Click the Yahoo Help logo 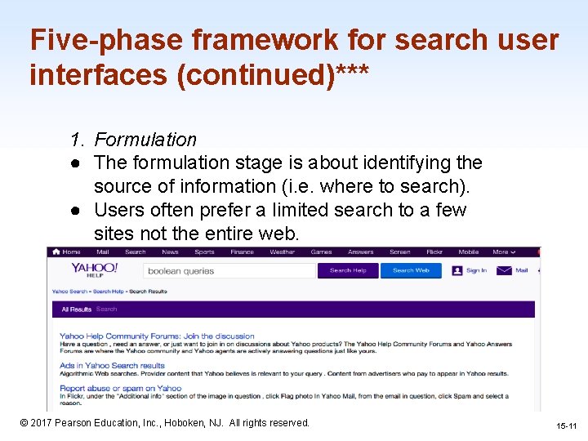click(x=95, y=270)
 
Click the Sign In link click(x=476, y=270)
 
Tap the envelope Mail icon click(x=504, y=270)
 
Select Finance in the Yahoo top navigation click(x=242, y=252)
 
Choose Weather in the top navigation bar click(x=283, y=252)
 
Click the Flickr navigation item click(x=434, y=252)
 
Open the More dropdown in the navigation click(x=502, y=252)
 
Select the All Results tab click(x=76, y=310)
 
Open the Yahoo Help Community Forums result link click(x=157, y=336)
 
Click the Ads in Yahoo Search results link click(x=112, y=365)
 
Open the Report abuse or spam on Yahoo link click(x=120, y=388)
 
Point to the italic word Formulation click(x=145, y=140)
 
